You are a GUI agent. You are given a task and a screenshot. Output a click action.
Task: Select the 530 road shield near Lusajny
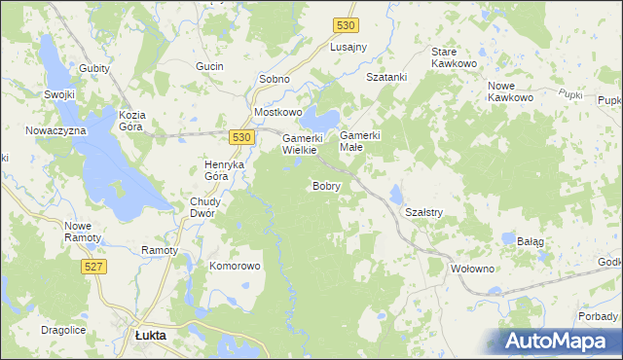pyautogui.click(x=344, y=26)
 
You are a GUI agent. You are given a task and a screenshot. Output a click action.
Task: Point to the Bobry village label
pyautogui.click(x=326, y=186)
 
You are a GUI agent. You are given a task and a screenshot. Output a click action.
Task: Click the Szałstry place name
pyautogui.click(x=423, y=212)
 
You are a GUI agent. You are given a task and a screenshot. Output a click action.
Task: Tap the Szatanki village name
pyautogui.click(x=385, y=76)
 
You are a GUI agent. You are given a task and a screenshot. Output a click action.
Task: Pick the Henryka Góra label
pyautogui.click(x=223, y=170)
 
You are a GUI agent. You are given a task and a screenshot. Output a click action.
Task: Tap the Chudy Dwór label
pyautogui.click(x=205, y=207)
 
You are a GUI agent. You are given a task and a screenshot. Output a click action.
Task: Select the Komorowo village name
pyautogui.click(x=236, y=266)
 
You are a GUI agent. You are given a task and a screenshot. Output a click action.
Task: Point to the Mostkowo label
pyautogui.click(x=277, y=112)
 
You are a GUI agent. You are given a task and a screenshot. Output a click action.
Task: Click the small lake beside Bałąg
pyautogui.click(x=508, y=236)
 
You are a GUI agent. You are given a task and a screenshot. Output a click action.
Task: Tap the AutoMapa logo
pyautogui.click(x=560, y=340)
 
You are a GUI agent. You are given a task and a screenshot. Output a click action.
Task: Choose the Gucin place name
pyautogui.click(x=209, y=66)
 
